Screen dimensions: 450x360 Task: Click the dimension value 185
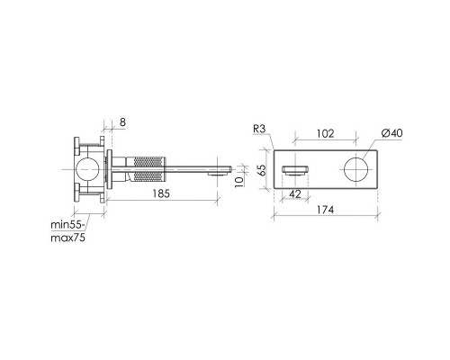click(161, 193)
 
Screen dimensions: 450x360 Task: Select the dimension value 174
click(325, 210)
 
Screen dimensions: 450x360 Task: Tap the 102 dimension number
click(325, 133)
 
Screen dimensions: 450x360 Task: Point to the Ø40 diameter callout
click(392, 133)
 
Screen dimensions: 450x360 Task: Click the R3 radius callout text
click(259, 129)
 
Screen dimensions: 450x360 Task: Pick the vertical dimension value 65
click(262, 170)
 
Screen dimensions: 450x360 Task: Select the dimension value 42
click(295, 194)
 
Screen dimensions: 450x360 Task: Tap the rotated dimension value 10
click(239, 182)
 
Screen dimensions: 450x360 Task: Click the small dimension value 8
click(122, 122)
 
